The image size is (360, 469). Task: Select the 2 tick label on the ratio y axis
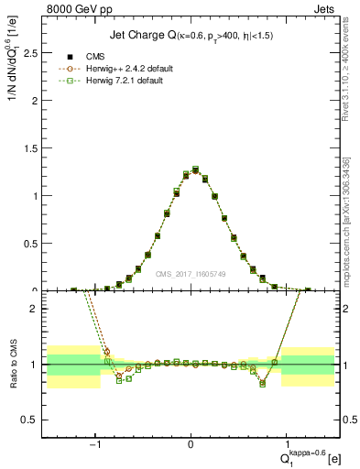coord(33,309)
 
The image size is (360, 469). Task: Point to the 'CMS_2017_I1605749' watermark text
coord(190,274)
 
